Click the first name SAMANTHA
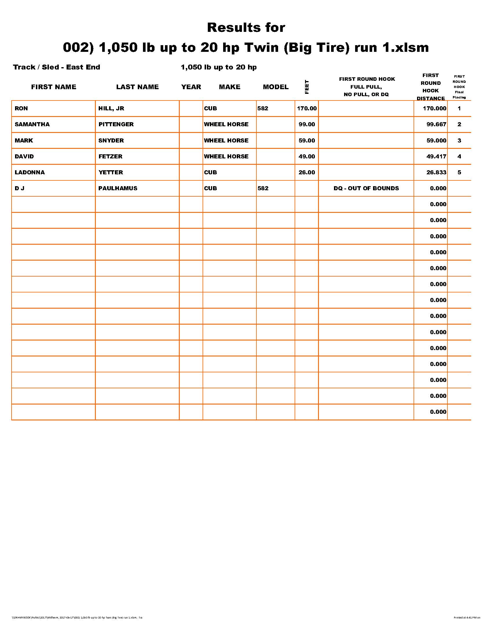32,124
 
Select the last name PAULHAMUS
118,188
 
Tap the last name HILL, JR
111,108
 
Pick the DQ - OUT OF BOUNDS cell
366,188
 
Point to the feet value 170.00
306,108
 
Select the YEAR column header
191,87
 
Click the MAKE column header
230,87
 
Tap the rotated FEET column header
306,87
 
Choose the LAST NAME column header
137,87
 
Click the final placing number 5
459,172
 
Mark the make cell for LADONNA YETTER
210,172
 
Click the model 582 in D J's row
262,188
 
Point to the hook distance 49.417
436,156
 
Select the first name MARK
24,140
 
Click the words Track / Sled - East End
56,67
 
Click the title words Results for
246,28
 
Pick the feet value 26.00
306,172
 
